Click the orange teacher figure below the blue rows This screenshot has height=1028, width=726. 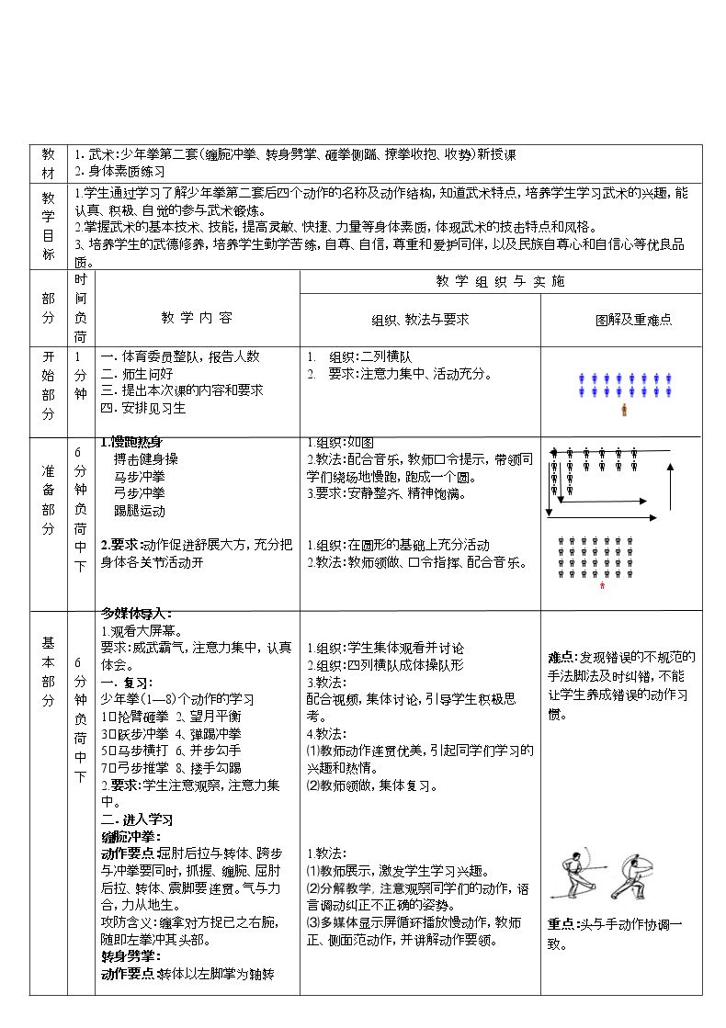coord(625,409)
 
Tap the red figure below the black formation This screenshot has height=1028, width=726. coord(602,586)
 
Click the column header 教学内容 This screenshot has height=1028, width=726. coord(197,318)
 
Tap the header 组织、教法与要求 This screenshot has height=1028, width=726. coord(420,320)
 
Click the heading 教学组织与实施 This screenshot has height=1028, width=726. coord(500,281)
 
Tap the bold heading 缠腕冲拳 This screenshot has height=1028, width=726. coord(130,836)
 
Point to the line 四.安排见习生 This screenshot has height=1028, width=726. coord(142,407)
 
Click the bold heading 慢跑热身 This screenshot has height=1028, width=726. coord(134,442)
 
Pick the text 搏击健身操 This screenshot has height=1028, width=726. coord(146,458)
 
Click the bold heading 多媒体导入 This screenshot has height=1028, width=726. coord(136,613)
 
